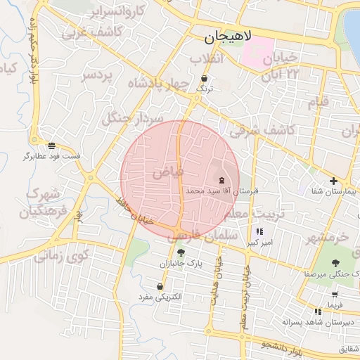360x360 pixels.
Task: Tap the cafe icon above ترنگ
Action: tap(204, 78)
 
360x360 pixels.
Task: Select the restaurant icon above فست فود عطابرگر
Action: tap(52, 144)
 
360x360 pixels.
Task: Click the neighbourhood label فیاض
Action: tap(168, 171)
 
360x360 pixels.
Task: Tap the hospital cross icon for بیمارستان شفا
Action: tap(334, 181)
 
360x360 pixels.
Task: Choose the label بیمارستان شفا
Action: tap(334, 191)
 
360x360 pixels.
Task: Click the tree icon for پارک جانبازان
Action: tap(182, 252)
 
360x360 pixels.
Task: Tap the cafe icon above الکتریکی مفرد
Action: tap(161, 287)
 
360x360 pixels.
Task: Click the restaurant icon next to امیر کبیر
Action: tap(259, 231)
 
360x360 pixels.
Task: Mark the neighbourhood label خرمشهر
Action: tap(327, 238)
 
